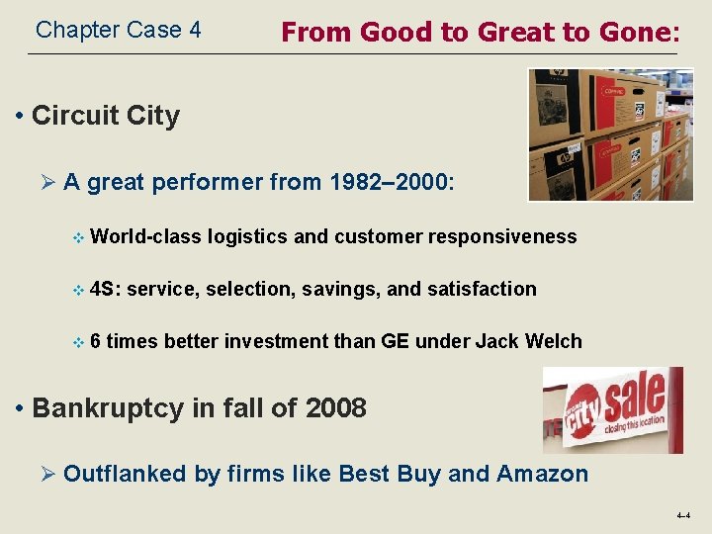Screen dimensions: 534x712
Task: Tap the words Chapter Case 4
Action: pyautogui.click(x=118, y=31)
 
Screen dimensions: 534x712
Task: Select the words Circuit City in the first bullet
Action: pyautogui.click(x=106, y=116)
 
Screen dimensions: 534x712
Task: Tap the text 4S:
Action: pyautogui.click(x=105, y=289)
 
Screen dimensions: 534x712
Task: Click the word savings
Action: pyautogui.click(x=341, y=289)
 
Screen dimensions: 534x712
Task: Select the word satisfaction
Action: pyautogui.click(x=482, y=289)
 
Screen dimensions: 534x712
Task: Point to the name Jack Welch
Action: pyautogui.click(x=528, y=341)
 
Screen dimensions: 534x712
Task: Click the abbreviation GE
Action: pyautogui.click(x=394, y=341)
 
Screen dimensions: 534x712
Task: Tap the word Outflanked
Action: pyautogui.click(x=125, y=474)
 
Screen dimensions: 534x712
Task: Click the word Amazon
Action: pyautogui.click(x=543, y=474)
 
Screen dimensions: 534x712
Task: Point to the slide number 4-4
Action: pyautogui.click(x=683, y=516)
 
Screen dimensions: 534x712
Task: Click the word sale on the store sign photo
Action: pyautogui.click(x=633, y=396)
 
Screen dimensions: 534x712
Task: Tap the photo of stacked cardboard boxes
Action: pyautogui.click(x=610, y=134)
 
